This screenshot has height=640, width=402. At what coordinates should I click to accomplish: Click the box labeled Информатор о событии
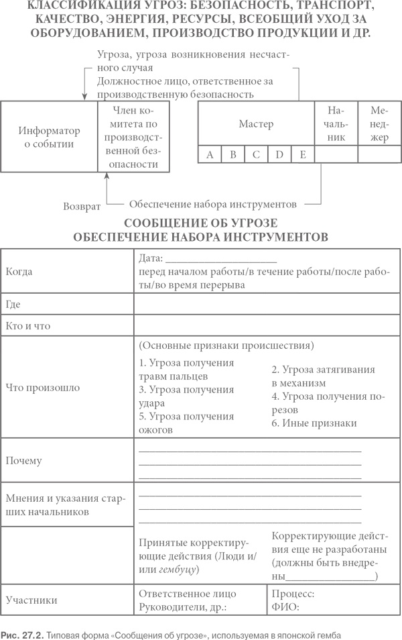[49, 137]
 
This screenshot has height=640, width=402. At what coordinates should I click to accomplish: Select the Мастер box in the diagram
[256, 124]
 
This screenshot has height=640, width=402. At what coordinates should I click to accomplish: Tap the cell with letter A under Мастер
[210, 155]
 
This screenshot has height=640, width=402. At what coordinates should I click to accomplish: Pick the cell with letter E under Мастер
[303, 155]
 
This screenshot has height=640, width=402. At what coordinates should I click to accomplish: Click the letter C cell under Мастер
[256, 155]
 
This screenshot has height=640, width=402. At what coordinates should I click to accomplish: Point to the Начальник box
[336, 124]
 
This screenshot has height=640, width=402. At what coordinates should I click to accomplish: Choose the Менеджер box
[379, 124]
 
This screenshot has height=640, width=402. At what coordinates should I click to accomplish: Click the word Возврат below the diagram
[82, 206]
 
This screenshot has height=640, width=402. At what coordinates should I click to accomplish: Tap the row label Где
[13, 305]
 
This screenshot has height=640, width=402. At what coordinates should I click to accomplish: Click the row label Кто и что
[27, 326]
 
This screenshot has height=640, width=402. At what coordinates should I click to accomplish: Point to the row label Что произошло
[43, 387]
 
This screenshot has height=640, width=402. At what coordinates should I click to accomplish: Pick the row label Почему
[23, 461]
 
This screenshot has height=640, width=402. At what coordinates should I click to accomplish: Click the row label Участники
[31, 600]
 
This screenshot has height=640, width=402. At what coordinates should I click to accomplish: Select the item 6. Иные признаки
[314, 423]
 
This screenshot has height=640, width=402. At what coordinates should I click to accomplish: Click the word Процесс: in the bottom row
[293, 594]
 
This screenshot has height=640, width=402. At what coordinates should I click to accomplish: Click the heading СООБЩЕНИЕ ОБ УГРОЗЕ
[200, 223]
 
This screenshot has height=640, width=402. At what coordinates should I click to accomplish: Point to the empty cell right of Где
[267, 305]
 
